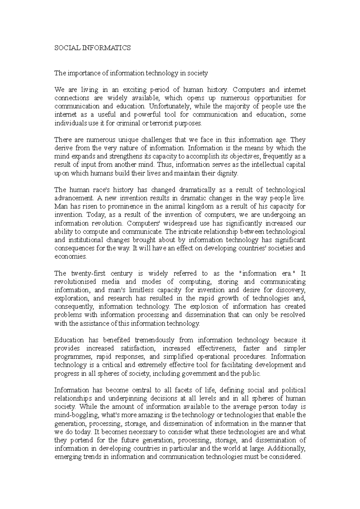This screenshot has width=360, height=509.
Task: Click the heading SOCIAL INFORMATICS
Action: coord(92,48)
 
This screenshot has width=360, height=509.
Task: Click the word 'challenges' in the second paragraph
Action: coord(156,140)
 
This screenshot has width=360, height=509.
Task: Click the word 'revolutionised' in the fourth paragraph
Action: coord(75,282)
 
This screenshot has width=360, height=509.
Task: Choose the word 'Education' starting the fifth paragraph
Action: coord(69,340)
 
